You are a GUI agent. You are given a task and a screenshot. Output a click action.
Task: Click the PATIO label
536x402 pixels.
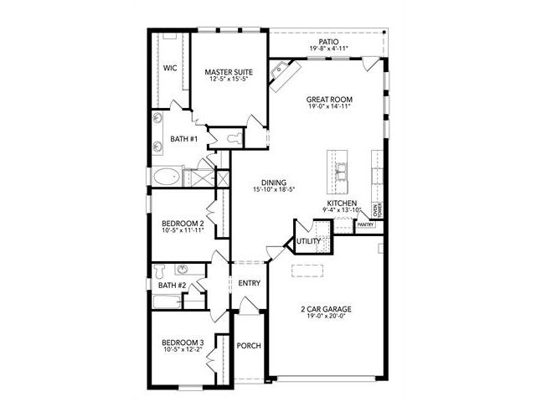point(328,42)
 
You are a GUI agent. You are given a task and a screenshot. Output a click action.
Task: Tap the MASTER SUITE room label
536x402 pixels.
point(229,72)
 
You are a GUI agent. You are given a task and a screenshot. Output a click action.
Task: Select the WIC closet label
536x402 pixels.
point(170,68)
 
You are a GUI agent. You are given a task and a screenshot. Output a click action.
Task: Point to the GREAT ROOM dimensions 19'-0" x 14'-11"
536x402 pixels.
point(329,106)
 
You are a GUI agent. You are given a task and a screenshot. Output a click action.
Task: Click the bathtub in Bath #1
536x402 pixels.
point(166,177)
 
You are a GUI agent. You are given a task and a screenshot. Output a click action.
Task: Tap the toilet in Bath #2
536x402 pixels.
point(159,271)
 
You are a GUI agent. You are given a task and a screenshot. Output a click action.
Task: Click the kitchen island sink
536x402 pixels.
point(341,171)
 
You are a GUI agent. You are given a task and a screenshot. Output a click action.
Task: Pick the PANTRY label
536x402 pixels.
point(365,225)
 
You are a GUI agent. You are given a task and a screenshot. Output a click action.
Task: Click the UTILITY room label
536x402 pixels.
point(309,241)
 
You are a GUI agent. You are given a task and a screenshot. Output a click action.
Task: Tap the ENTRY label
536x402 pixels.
point(250,283)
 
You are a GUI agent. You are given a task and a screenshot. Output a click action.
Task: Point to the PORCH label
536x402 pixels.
point(249,346)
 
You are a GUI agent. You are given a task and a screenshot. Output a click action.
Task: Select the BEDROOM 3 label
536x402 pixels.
point(183,343)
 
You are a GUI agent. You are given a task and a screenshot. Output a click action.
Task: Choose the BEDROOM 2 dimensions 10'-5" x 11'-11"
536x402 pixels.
point(183,230)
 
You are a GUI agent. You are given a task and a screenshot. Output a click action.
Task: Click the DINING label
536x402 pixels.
point(274,183)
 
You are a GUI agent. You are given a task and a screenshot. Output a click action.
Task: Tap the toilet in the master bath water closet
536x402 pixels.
point(234,138)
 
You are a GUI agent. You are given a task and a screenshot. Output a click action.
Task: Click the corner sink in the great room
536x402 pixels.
point(279,70)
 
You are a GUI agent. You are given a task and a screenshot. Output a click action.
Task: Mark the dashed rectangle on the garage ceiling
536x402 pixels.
point(307,271)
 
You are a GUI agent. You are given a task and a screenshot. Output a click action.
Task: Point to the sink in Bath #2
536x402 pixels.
point(183,269)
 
